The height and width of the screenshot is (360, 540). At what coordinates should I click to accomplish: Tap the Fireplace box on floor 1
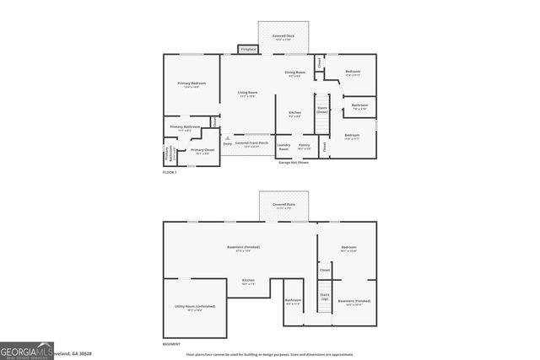[x=248, y=50]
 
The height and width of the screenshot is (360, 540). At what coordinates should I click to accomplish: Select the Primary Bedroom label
[x=192, y=84]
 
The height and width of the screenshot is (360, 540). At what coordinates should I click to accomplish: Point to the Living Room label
[x=248, y=93]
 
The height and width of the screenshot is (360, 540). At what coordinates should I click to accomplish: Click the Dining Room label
[x=294, y=73]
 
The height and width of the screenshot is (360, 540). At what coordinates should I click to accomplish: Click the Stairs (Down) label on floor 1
[x=321, y=110]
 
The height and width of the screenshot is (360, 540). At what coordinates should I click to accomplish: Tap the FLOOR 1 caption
[x=170, y=172]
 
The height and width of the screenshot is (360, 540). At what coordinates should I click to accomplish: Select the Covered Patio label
[x=283, y=205]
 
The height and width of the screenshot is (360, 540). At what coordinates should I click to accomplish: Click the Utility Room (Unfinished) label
[x=189, y=307]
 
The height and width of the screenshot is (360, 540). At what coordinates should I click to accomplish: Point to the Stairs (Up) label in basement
[x=324, y=296]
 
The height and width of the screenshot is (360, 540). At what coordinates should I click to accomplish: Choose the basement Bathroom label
[x=294, y=301]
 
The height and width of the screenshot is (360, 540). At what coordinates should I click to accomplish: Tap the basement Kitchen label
[x=248, y=282]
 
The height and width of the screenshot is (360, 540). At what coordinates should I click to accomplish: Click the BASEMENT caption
[x=172, y=343]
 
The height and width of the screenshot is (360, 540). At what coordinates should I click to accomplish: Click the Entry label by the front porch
[x=227, y=144]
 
